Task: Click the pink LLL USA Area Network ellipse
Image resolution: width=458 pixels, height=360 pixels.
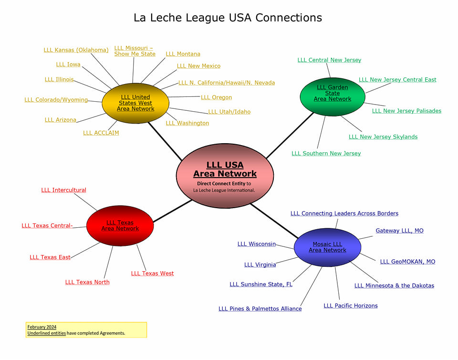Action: (x=225, y=176)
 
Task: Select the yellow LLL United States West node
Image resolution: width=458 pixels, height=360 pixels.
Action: (x=135, y=103)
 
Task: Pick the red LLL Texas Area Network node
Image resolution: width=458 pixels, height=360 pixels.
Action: (x=120, y=226)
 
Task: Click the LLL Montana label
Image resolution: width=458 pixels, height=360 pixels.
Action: (x=183, y=54)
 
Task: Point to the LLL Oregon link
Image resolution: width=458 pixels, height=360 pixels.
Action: (x=216, y=97)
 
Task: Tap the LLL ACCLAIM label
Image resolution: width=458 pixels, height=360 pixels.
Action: (x=101, y=133)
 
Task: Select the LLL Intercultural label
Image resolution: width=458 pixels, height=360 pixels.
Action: (x=63, y=190)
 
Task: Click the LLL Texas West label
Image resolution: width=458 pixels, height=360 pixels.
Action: (x=152, y=274)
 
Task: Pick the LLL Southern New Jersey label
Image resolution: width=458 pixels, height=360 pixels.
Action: (x=326, y=153)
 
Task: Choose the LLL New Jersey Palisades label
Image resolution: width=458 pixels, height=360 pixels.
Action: (x=406, y=111)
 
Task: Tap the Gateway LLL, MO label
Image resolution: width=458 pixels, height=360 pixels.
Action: (x=399, y=231)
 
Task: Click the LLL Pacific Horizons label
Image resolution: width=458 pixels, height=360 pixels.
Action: (x=350, y=306)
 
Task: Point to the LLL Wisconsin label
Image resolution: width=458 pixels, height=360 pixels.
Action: (x=257, y=244)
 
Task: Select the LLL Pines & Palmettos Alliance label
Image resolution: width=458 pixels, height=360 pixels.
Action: (x=260, y=309)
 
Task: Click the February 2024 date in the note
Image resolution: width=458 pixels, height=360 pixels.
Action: (x=42, y=327)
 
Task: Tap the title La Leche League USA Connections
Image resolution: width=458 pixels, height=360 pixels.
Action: (x=228, y=18)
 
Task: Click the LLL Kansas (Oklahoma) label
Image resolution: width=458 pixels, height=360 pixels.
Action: (x=76, y=50)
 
